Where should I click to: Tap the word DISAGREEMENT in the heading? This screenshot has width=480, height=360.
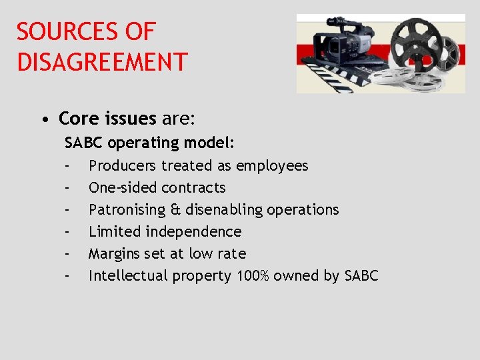102,62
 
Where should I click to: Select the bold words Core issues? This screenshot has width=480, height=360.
107,119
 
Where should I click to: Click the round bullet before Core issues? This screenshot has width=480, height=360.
43,120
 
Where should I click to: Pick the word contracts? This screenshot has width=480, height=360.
193,187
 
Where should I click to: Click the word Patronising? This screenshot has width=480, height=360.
127,209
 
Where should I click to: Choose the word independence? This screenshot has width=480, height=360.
199,231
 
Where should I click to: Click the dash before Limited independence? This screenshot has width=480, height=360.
67,232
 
